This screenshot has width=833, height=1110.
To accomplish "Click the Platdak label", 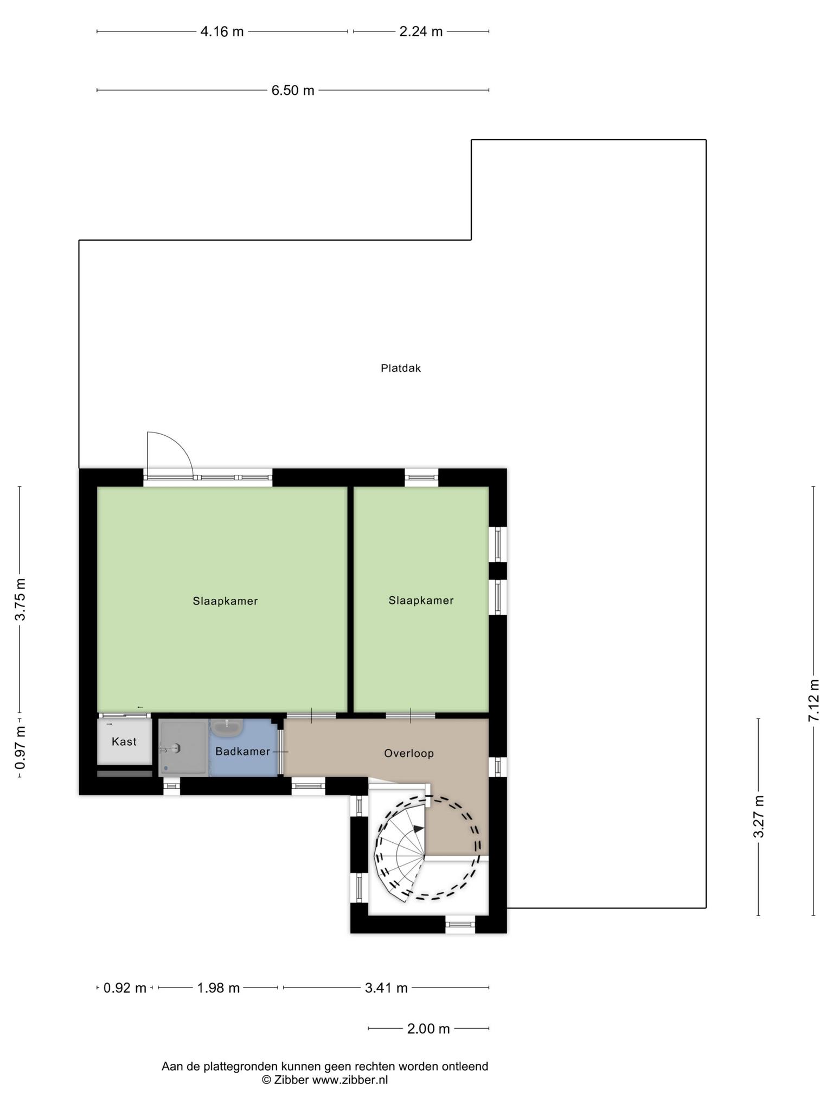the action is click(x=401, y=369).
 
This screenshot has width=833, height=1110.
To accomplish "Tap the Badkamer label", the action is click(x=242, y=751).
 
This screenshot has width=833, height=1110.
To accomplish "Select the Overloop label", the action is click(x=409, y=753).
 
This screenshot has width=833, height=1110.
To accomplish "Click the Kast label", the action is click(x=124, y=741).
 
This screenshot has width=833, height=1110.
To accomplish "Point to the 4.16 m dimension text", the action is click(x=222, y=31).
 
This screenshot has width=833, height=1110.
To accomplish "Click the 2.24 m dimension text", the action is click(x=421, y=31).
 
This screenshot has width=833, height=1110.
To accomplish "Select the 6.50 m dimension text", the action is click(x=293, y=91).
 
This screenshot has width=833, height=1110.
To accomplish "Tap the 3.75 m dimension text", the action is click(x=20, y=599).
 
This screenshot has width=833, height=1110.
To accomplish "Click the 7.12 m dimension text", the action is click(x=813, y=700).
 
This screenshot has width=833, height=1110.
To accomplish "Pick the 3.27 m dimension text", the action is click(x=759, y=817).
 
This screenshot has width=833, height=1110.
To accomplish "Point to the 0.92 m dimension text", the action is click(x=125, y=988).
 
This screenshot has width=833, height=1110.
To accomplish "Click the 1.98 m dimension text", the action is click(x=219, y=988).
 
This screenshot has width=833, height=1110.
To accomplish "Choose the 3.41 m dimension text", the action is click(x=386, y=988).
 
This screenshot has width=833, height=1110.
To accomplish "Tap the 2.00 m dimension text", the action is click(x=428, y=1029).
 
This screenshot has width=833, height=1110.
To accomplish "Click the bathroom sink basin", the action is click(x=227, y=728).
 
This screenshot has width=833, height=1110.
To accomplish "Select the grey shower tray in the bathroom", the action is click(x=183, y=748).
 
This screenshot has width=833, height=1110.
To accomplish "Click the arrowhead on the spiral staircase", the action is click(x=418, y=829).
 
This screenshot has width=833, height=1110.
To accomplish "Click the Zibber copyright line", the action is click(x=325, y=1080).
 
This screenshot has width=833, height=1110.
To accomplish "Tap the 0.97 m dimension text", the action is click(x=20, y=748).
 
